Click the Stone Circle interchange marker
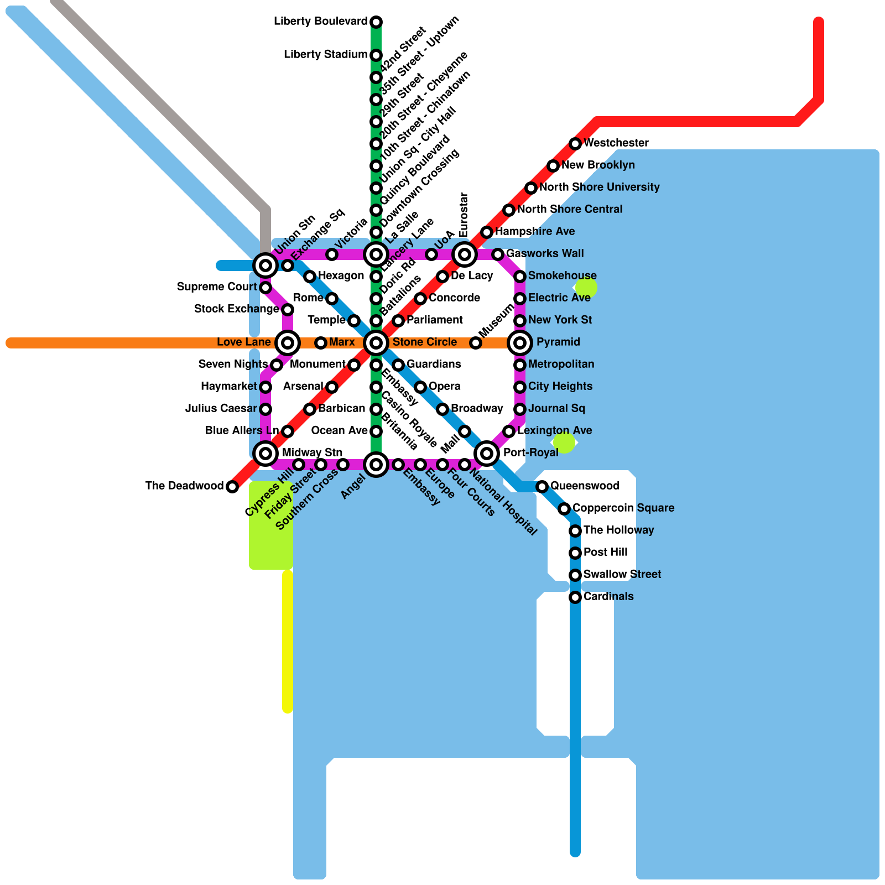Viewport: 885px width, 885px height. click(376, 343)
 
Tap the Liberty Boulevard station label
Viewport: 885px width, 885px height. click(320, 22)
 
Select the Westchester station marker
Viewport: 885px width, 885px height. click(575, 144)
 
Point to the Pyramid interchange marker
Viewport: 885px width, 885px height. click(520, 343)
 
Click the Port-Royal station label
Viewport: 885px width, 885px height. click(530, 453)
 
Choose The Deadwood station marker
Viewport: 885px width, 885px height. click(232, 487)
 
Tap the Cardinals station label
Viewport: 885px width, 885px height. click(608, 597)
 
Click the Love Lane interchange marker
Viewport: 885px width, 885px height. click(288, 343)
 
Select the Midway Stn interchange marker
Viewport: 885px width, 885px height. click(265, 454)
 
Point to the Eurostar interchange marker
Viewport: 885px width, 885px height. click(465, 254)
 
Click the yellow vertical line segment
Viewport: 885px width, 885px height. click(288, 642)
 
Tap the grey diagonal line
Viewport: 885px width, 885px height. click(160, 105)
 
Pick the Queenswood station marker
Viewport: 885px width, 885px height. click(542, 487)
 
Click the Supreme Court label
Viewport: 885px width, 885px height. click(217, 287)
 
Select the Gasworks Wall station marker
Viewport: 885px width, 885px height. click(498, 254)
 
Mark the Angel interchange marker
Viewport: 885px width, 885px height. click(376, 465)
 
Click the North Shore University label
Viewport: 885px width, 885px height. click(599, 188)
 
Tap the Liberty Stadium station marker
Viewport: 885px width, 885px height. click(376, 55)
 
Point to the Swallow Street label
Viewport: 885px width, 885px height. click(622, 575)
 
